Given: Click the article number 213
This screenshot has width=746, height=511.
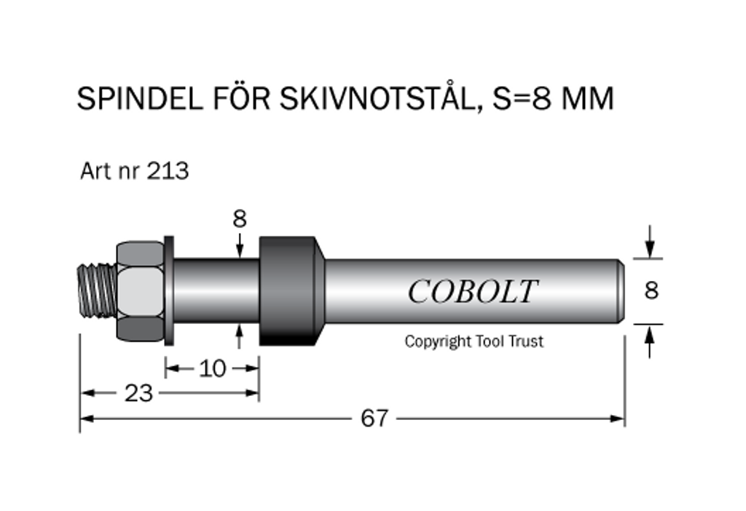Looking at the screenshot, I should click(168, 171).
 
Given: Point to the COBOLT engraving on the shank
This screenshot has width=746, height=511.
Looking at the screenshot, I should click(472, 292).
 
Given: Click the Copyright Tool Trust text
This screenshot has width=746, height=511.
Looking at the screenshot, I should click(474, 341).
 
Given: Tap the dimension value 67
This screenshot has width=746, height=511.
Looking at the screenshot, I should click(374, 419).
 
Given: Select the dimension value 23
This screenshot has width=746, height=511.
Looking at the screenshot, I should click(138, 393).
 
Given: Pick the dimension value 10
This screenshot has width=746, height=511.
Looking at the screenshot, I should click(213, 368).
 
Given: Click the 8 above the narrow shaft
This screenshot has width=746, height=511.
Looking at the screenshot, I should click(240, 218).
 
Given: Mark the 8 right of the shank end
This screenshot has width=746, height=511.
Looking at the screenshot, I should click(651, 290).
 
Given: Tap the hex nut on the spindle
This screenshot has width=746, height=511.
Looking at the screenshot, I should click(139, 291).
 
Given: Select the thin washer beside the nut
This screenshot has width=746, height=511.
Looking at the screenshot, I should click(169, 291).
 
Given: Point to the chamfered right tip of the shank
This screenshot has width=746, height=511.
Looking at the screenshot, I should click(620, 291).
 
